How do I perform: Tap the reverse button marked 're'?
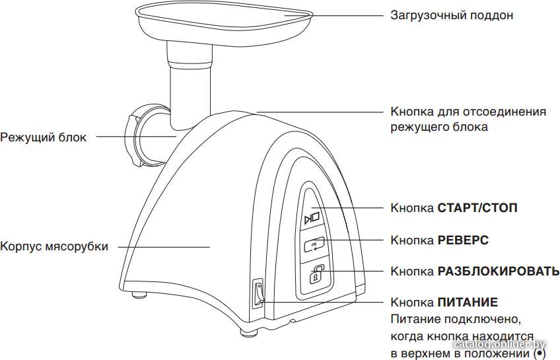pyautogui.click(x=314, y=245)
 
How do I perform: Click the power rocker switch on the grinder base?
pyautogui.click(x=258, y=293)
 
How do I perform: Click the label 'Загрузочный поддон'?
pyautogui.click(x=452, y=15)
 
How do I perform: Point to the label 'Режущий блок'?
pyautogui.click(x=43, y=137)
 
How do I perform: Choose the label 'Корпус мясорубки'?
pyautogui.click(x=54, y=246)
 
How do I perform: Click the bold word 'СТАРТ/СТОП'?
pyautogui.click(x=477, y=208)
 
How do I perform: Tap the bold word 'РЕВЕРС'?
pyautogui.click(x=463, y=240)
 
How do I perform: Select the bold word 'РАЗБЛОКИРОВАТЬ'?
pyautogui.click(x=499, y=271)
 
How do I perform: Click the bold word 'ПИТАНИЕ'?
pyautogui.click(x=468, y=303)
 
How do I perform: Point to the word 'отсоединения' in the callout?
pyautogui.click(x=505, y=112)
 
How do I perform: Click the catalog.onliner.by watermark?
pyautogui.click(x=500, y=345)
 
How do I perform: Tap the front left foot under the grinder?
pyautogui.click(x=139, y=295)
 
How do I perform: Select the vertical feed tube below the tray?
pyautogui.click(x=190, y=86)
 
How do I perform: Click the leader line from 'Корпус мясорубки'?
pyautogui.click(x=164, y=246)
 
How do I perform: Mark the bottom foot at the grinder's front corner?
pyautogui.click(x=248, y=332)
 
